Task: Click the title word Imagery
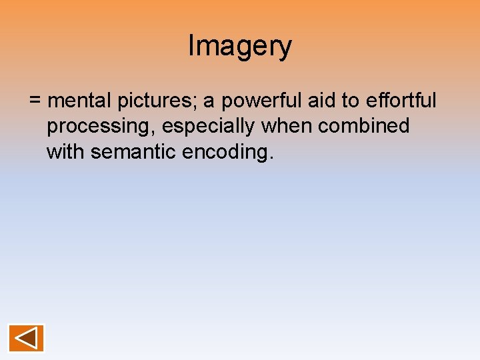coord(240,47)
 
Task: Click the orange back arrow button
coord(26,338)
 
